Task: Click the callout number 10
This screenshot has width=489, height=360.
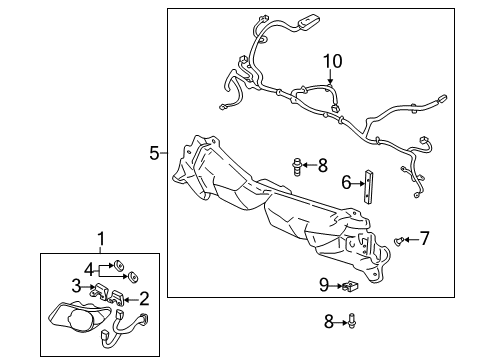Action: (332, 61)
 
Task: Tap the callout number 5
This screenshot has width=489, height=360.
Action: (155, 153)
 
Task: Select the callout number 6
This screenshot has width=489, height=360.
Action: (346, 183)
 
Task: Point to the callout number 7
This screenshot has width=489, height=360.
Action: (424, 238)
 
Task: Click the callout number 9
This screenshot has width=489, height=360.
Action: (324, 285)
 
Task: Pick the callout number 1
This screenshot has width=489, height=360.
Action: (101, 239)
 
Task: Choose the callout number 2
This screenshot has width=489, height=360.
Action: (144, 299)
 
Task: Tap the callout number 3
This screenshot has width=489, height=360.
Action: (77, 286)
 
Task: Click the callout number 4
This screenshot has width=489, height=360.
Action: (89, 269)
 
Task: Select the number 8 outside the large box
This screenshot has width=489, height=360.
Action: (329, 322)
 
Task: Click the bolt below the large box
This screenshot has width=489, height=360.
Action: (351, 321)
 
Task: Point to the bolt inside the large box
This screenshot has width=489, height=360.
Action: (296, 167)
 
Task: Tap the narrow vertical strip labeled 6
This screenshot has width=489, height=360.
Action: (368, 187)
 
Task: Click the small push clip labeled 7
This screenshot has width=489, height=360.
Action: (399, 241)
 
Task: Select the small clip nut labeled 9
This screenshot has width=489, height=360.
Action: (350, 285)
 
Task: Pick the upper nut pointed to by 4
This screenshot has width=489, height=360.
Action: (118, 265)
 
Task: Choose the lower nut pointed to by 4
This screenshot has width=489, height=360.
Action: (133, 277)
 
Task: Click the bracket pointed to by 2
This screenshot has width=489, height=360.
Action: (117, 298)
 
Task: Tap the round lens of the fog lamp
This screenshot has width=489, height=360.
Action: (80, 321)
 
